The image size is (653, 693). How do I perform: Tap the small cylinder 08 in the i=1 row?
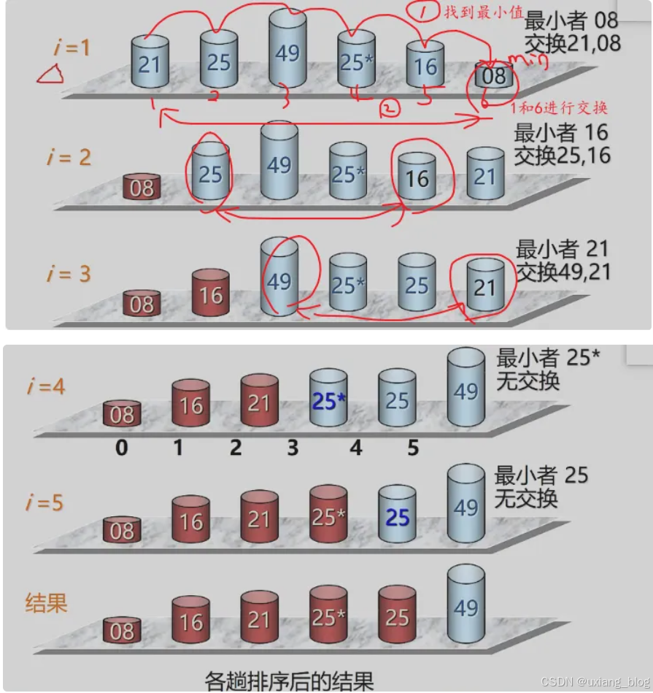click(x=493, y=75)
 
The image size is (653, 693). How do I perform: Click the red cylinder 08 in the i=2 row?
click(x=142, y=187)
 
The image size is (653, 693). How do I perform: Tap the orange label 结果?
click(x=47, y=603)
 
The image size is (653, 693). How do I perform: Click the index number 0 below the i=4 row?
click(x=121, y=447)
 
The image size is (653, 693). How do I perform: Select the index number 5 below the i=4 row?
click(x=413, y=447)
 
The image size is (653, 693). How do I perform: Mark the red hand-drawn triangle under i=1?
click(x=50, y=73)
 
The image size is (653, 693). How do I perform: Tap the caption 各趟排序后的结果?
click(x=289, y=680)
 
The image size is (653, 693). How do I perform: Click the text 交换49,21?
click(x=563, y=272)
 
